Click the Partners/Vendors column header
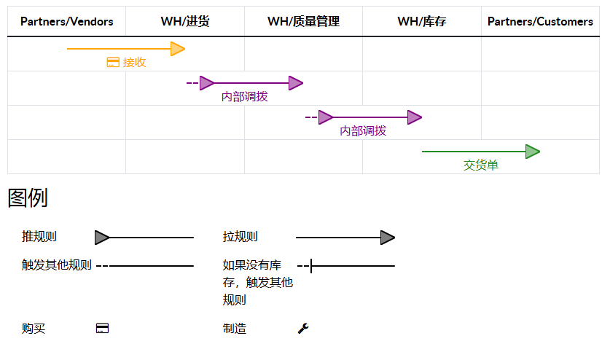tap(66, 22)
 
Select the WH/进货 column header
tap(185, 22)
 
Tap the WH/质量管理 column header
tap(303, 22)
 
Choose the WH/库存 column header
tap(421, 22)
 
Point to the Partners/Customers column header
tap(540, 22)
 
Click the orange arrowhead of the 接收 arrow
tap(177, 49)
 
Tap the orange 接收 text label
tap(134, 63)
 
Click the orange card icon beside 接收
tap(113, 63)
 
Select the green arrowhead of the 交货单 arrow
tap(532, 152)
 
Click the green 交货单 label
tap(481, 165)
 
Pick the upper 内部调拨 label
tap(244, 97)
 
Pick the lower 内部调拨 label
tap(363, 131)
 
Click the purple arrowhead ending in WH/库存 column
tap(414, 117)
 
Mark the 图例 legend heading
tap(28, 197)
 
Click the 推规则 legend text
tap(39, 237)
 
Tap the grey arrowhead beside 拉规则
tap(387, 238)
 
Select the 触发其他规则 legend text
tap(57, 265)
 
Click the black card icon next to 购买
tap(102, 329)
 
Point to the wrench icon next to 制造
tap(303, 329)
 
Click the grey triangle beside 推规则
tap(102, 238)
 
